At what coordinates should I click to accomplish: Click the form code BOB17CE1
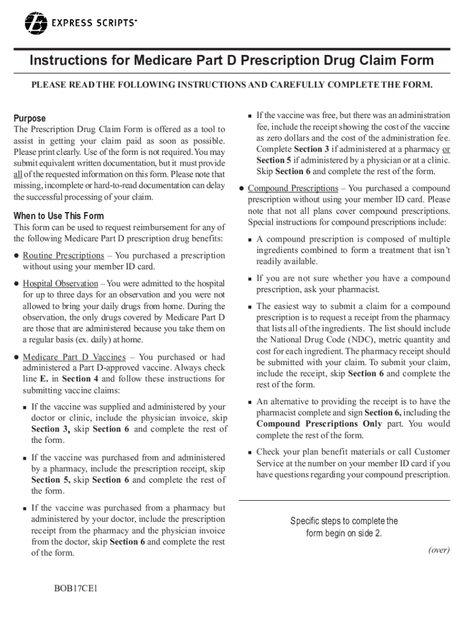coord(75,588)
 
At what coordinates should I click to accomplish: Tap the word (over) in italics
coord(438,550)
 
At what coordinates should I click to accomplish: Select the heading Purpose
coord(30,118)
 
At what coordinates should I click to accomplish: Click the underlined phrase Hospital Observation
coord(60,283)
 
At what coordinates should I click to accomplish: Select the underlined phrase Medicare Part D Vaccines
coord(74,357)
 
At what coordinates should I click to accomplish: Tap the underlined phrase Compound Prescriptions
coord(293,189)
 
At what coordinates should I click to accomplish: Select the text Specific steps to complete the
coord(343,521)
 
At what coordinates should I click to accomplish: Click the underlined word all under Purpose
coord(17,175)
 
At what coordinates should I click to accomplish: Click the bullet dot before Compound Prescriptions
coord(240,189)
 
